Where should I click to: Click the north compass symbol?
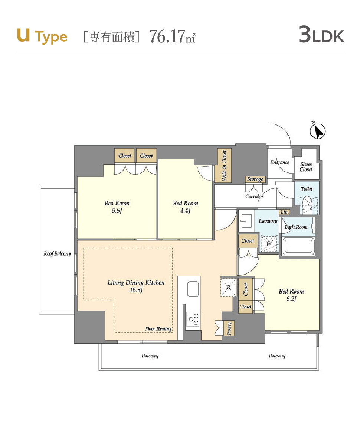point(318,131)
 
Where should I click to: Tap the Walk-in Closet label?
point(224,165)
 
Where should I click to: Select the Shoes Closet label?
point(306,167)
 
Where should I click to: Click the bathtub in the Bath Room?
point(298,246)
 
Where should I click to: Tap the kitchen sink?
point(193,289)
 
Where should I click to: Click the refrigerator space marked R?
point(229,287)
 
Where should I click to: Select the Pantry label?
point(229,328)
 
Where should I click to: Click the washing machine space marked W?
point(269,244)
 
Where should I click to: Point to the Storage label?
point(255,179)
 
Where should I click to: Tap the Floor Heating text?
point(158,329)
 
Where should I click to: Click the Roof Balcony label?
point(57,253)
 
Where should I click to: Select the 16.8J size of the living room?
point(136,290)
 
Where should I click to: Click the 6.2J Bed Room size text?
point(291,298)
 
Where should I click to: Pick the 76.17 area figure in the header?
point(167,36)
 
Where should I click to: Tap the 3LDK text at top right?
point(321,35)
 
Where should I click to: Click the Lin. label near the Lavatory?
point(284,212)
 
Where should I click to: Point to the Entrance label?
point(280,162)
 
